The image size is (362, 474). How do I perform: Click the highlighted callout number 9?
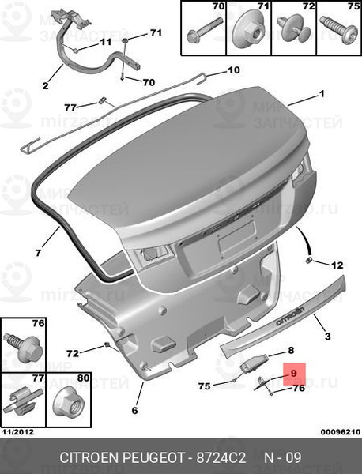coord(294,374)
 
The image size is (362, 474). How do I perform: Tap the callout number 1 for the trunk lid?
coord(322,94)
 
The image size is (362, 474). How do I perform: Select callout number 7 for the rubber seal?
coord(38,253)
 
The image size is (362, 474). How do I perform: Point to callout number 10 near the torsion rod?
coord(233,70)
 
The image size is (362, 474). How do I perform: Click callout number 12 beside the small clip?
coord(337,265)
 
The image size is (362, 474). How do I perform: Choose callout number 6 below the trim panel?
coord(134,410)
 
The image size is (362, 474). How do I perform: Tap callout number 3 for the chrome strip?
coord(328,337)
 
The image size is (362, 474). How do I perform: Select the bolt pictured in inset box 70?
coord(204,31)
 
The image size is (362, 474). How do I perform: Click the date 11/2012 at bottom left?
coord(18,432)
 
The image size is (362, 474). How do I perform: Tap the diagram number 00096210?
coord(341,432)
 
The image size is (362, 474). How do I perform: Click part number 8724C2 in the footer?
coord(221,458)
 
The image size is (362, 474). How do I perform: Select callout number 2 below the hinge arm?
coord(45,86)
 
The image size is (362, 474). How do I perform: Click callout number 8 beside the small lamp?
coord(291,350)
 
